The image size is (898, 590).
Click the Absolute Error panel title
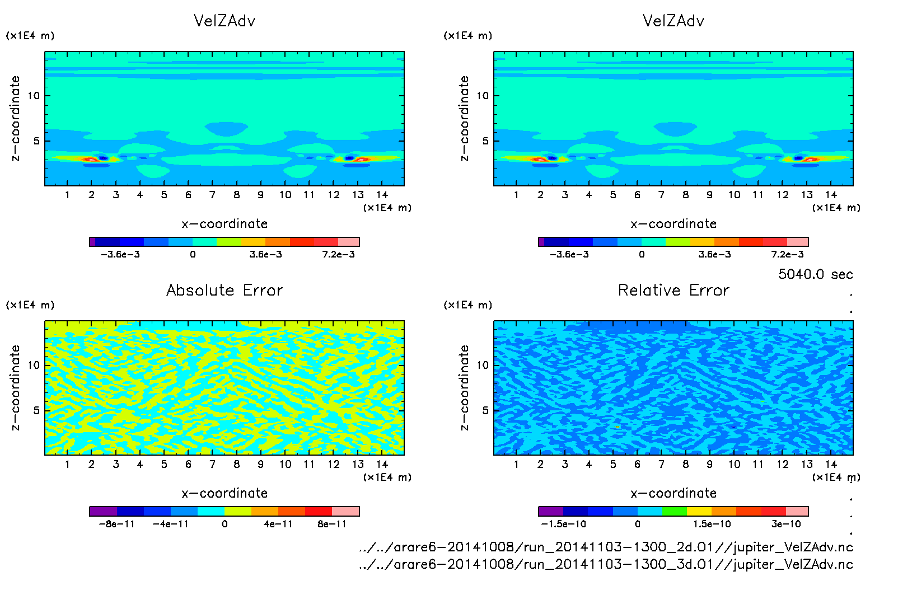click(225, 291)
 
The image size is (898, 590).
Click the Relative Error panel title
click(673, 291)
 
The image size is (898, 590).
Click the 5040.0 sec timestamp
click(815, 274)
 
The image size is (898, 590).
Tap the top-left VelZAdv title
click(225, 21)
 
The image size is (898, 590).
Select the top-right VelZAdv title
click(673, 21)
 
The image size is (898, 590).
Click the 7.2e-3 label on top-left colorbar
click(338, 255)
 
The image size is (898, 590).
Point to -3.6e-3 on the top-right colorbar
click(569, 255)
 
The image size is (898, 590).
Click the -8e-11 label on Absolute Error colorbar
click(116, 525)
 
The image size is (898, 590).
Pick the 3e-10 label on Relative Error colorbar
click(786, 525)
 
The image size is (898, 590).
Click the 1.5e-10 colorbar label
click(712, 525)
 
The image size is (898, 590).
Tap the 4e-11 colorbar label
click(278, 525)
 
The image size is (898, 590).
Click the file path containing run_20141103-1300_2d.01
click(606, 547)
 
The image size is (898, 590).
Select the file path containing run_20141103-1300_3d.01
click(606, 564)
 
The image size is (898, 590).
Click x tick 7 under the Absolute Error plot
click(212, 465)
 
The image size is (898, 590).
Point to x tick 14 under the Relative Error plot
click(831, 465)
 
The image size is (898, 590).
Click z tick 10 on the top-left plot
click(34, 96)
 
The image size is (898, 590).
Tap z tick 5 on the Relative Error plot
click(485, 410)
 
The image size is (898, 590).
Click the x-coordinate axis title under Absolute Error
click(225, 493)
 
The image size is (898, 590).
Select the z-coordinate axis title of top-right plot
click(464, 119)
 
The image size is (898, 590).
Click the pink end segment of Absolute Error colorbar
click(345, 511)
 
